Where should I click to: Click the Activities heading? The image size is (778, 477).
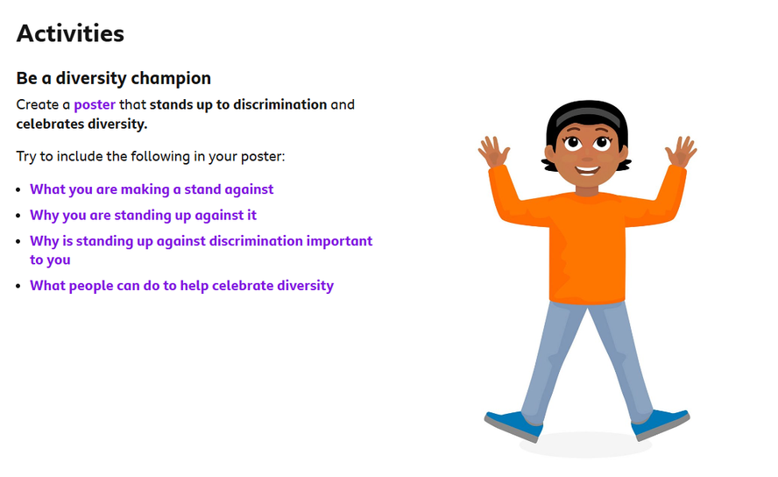click(70, 33)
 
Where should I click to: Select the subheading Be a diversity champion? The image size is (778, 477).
click(114, 78)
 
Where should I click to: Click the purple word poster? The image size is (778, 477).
click(95, 105)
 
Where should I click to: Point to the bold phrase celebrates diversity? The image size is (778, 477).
click(81, 125)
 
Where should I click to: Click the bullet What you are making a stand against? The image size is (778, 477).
click(152, 189)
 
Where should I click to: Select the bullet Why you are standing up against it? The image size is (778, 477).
click(143, 216)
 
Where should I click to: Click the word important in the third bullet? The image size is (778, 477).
click(339, 241)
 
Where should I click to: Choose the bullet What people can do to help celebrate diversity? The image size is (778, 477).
click(181, 286)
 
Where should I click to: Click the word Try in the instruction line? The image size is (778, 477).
click(26, 157)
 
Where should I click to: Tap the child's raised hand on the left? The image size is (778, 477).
click(493, 152)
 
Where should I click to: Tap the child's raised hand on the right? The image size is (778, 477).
click(681, 152)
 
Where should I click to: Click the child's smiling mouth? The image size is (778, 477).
click(588, 170)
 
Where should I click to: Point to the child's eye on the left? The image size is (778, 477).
click(573, 144)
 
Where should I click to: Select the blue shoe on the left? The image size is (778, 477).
click(513, 426)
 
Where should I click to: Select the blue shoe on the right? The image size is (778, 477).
click(661, 424)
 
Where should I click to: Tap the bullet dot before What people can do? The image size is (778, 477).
click(18, 287)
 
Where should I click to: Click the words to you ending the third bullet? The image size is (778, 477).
click(50, 260)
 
